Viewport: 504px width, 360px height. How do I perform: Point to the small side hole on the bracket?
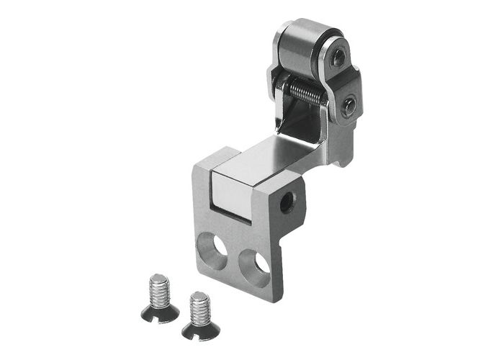[287, 202]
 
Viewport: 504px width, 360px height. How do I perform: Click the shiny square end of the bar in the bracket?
[230, 190]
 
